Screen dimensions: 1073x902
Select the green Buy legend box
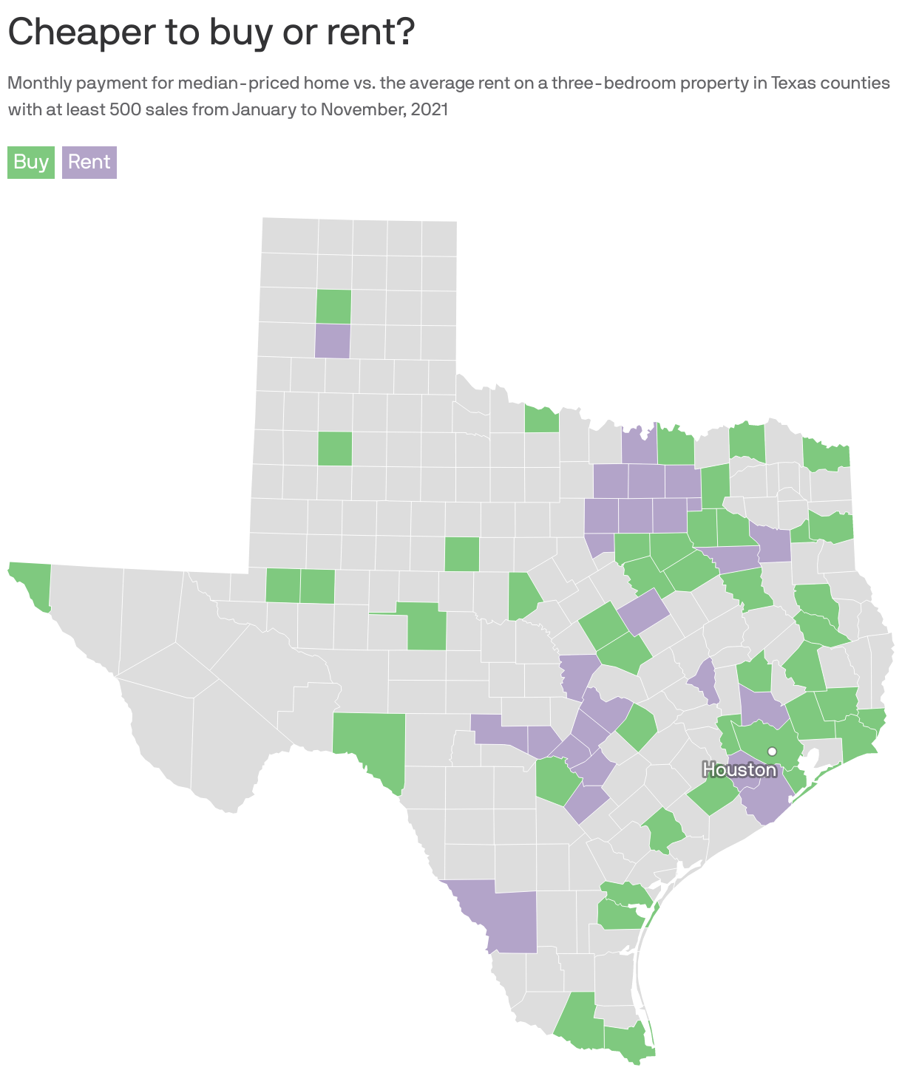(x=31, y=162)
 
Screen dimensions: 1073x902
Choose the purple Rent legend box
(x=89, y=162)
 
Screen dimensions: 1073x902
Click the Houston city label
(x=739, y=770)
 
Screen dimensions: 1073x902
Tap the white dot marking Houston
(x=772, y=751)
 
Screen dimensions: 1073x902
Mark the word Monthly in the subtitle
(x=38, y=83)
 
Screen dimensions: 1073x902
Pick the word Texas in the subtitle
(x=792, y=83)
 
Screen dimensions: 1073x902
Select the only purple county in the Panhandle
(x=333, y=341)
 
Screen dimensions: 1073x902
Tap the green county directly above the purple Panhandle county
(x=333, y=307)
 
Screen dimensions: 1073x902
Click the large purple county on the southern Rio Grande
(x=503, y=913)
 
